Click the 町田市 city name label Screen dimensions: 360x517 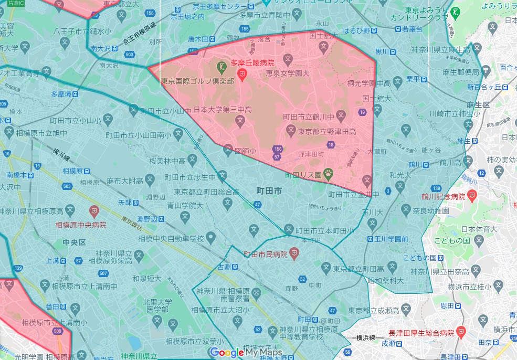click(269, 192)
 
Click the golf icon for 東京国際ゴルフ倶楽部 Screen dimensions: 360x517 click(221, 66)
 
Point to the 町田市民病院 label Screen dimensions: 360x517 click(266, 255)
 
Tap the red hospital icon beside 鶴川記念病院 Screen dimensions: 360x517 click(472, 196)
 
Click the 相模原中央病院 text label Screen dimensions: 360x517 click(81, 225)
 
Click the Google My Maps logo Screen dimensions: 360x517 click(246, 353)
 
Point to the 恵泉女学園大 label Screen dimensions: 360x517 click(287, 73)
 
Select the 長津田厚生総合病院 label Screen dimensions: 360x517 click(421, 333)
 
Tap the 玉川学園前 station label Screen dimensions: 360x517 click(391, 239)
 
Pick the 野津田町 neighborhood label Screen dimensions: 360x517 click(312, 154)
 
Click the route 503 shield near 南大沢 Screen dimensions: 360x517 click(129, 55)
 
